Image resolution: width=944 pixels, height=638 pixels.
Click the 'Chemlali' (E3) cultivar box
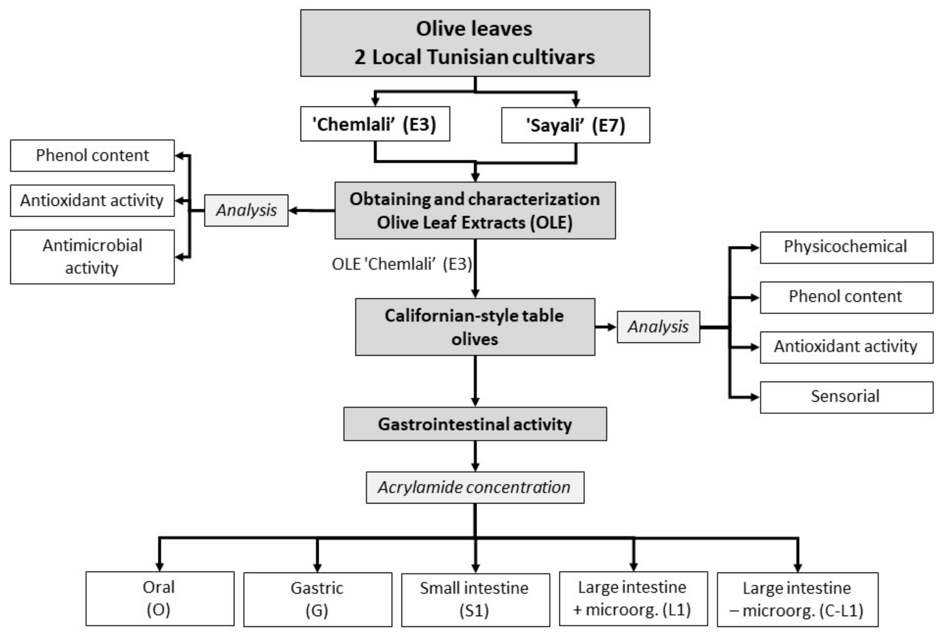pyautogui.click(x=375, y=124)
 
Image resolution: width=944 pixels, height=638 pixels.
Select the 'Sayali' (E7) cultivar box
pyautogui.click(x=575, y=125)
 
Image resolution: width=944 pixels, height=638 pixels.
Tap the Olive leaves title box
pyautogui.click(x=474, y=43)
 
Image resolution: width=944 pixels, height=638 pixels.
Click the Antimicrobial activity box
pyautogui.click(x=92, y=257)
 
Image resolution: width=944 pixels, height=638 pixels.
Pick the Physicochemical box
pyautogui.click(x=846, y=247)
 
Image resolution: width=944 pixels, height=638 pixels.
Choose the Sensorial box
pyautogui.click(x=846, y=397)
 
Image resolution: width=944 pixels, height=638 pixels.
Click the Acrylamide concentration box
pyautogui.click(x=474, y=487)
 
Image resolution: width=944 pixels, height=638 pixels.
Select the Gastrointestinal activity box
pyautogui.click(x=474, y=424)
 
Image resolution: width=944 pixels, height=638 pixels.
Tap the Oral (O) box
pyautogui.click(x=159, y=598)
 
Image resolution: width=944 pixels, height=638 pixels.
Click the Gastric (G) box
pyautogui.click(x=317, y=599)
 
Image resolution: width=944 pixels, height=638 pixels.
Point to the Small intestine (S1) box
pyautogui.click(x=475, y=599)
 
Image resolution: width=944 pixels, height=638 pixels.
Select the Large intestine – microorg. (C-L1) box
pyautogui.click(x=797, y=599)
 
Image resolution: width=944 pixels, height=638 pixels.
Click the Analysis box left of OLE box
pyautogui.click(x=246, y=210)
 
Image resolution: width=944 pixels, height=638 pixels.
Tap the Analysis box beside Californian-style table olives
pyautogui.click(x=658, y=327)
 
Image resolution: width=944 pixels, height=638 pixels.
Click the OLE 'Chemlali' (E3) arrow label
pyautogui.click(x=402, y=264)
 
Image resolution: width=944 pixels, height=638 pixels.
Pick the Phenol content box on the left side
pyautogui.click(x=92, y=155)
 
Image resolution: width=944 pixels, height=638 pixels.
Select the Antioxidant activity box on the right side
pyautogui.click(x=846, y=347)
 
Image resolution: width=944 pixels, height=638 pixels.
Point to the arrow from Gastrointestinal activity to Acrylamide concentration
pyautogui.click(x=475, y=455)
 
